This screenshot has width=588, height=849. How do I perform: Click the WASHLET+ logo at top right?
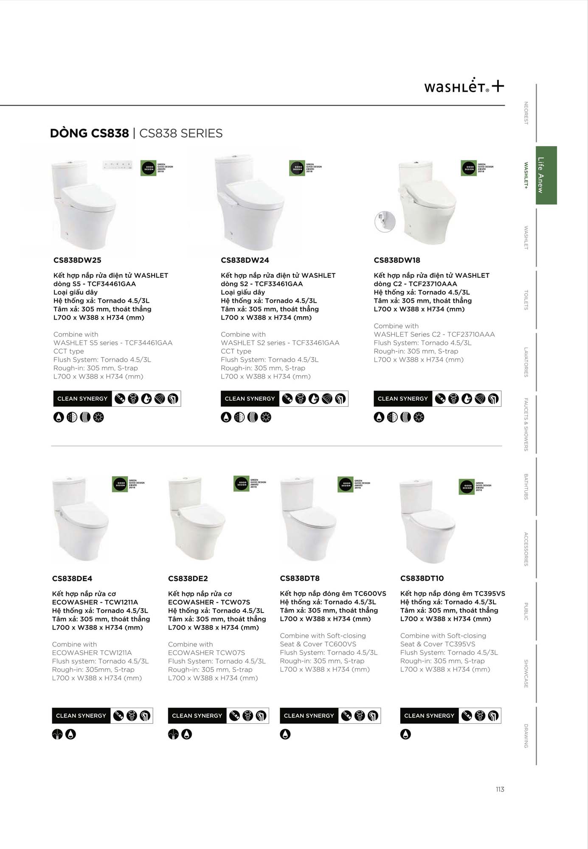(x=464, y=86)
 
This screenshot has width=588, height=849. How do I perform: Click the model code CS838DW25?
(x=77, y=260)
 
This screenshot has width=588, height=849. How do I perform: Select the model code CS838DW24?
(x=245, y=260)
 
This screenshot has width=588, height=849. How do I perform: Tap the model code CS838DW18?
(x=397, y=260)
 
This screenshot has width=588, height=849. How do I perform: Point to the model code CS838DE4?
(x=72, y=579)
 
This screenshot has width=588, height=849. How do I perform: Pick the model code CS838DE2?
(x=188, y=579)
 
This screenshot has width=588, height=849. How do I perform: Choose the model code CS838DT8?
(x=300, y=578)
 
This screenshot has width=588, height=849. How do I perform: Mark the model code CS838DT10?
(x=422, y=578)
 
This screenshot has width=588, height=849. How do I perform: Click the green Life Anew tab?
(x=546, y=175)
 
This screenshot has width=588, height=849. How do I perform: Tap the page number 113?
(x=500, y=789)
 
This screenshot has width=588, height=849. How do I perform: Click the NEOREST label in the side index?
(x=526, y=113)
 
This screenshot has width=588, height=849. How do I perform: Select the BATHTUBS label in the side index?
(x=526, y=486)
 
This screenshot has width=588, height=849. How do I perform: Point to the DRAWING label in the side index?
(x=526, y=736)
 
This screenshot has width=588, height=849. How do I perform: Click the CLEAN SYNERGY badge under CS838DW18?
(x=403, y=399)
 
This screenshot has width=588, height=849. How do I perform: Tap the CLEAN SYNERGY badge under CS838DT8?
(x=309, y=716)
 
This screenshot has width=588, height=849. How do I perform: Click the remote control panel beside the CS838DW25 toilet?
(x=118, y=165)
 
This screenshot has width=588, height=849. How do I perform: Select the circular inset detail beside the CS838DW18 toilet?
(x=385, y=222)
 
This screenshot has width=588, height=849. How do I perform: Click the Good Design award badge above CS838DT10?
(x=467, y=487)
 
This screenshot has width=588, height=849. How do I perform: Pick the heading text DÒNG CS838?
(x=89, y=133)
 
